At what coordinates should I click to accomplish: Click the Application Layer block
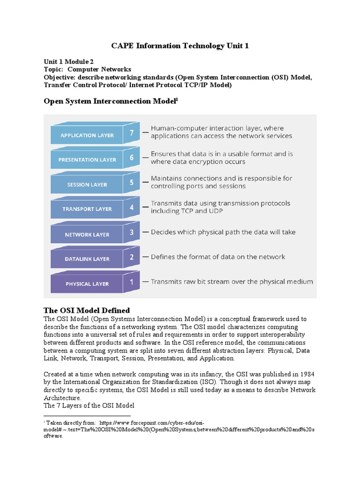[87, 135]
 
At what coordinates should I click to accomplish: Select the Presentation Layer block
[87, 160]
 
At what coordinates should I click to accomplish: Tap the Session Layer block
[87, 185]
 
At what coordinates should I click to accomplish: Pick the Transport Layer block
[87, 209]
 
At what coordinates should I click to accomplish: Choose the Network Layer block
[87, 234]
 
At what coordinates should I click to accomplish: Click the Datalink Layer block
[87, 259]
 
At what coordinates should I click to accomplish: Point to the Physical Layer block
[87, 284]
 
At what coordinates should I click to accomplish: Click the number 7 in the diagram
[132, 133]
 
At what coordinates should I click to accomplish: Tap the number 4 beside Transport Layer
[132, 207]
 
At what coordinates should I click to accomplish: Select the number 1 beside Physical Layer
[132, 282]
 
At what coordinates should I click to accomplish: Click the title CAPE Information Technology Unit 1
[180, 46]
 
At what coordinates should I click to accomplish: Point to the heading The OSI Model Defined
[87, 311]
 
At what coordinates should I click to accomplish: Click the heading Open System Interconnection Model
[111, 101]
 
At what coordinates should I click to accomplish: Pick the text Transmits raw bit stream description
[232, 282]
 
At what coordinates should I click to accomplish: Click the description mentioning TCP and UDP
[220, 207]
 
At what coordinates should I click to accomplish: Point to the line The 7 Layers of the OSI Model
[89, 405]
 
